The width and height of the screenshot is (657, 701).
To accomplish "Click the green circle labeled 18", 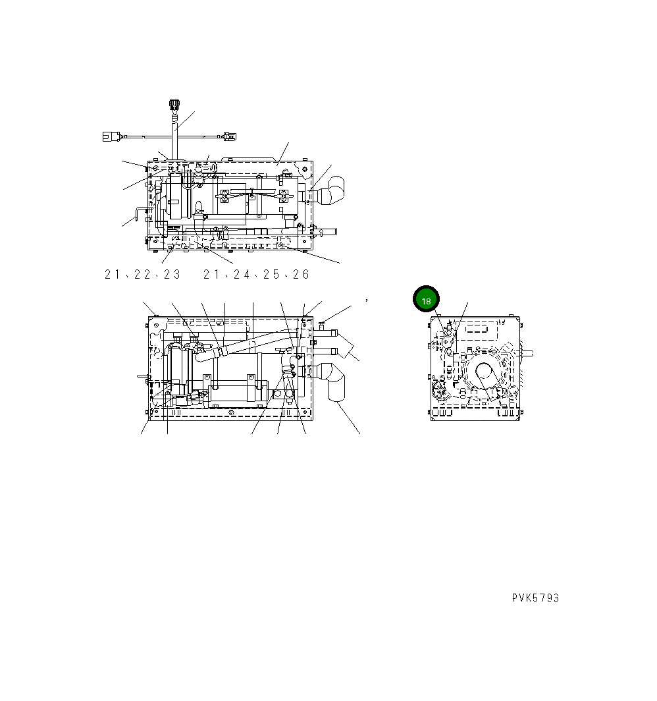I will [426, 300].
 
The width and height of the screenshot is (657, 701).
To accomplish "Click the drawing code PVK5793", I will [535, 598].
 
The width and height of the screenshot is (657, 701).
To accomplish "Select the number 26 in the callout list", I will [301, 275].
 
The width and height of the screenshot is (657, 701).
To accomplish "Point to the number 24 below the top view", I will [242, 275].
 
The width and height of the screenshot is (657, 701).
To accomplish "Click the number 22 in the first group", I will [142, 275].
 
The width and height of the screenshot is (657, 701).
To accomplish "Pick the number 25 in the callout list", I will [271, 275].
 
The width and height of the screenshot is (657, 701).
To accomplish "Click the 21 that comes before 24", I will [211, 275].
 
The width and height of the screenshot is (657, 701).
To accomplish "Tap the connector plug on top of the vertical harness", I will [174, 105].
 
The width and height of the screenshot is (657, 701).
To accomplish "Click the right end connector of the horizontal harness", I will [228, 136].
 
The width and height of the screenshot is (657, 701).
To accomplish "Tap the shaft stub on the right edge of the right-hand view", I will [527, 352].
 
